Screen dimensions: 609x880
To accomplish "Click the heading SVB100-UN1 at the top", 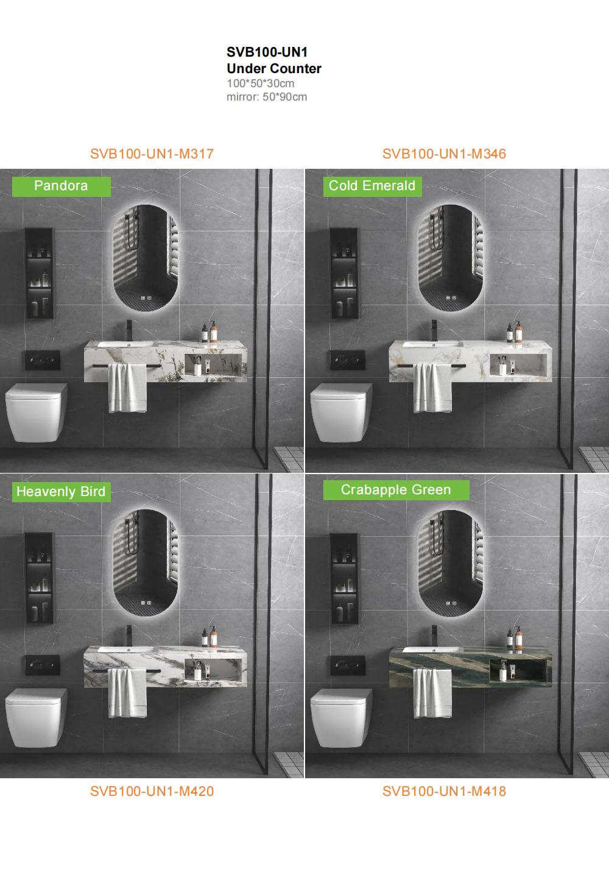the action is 267,52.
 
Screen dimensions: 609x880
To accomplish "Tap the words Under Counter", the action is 273,68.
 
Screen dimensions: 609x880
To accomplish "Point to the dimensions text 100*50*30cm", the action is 260,83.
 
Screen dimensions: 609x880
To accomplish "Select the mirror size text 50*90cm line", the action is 267,97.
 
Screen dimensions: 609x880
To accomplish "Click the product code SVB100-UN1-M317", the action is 152,154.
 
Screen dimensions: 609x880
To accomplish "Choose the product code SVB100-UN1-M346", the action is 444,154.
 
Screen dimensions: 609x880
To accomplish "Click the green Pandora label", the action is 62,186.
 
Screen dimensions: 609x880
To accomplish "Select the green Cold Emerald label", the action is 372,186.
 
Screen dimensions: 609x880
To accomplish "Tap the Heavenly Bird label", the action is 62,492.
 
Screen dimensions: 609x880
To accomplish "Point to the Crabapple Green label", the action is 396,490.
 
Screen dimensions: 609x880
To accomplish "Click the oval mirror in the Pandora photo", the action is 146,258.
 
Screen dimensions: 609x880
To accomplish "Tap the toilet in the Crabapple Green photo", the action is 341,717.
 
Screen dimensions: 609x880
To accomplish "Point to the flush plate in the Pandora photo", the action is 43,360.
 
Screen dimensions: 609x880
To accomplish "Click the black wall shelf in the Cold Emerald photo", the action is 344,274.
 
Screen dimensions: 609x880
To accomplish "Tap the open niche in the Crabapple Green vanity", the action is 518,670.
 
